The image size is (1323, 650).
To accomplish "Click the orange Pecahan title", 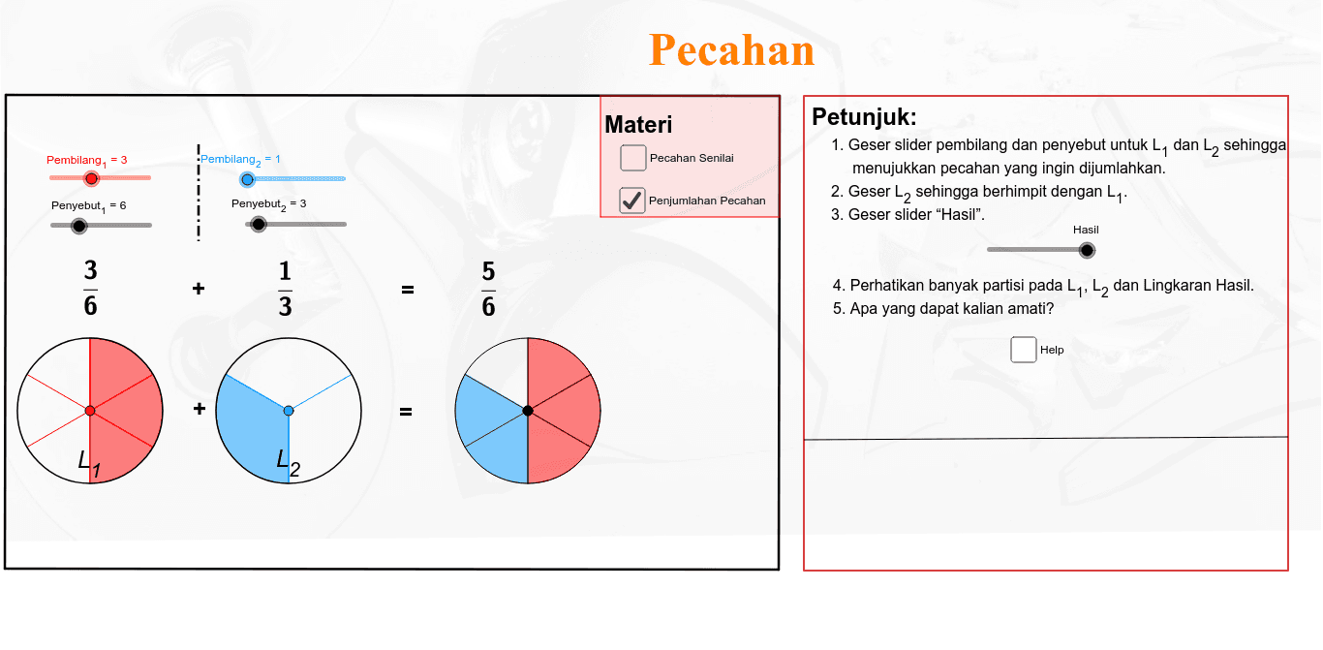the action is pyautogui.click(x=732, y=49).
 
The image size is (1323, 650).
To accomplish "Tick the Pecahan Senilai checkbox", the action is pyautogui.click(x=632, y=158).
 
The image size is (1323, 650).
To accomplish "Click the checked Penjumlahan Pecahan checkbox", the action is pyautogui.click(x=632, y=201).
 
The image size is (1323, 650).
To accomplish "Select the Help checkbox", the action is pyautogui.click(x=1024, y=350).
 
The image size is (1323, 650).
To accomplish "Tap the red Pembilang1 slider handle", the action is pyautogui.click(x=91, y=178).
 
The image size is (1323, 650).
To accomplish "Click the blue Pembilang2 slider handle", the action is pyautogui.click(x=248, y=179).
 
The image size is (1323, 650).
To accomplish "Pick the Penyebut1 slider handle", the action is pyautogui.click(x=78, y=226).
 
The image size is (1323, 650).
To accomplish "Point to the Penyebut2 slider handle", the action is pyautogui.click(x=258, y=225).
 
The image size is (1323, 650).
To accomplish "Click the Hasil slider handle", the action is pyautogui.click(x=1087, y=251).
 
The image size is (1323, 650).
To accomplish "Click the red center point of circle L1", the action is pyautogui.click(x=90, y=411).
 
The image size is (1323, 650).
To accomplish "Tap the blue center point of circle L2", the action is pyautogui.click(x=289, y=411).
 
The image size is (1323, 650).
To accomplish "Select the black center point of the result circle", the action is pyautogui.click(x=528, y=411).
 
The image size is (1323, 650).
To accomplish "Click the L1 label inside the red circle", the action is pyautogui.click(x=89, y=463).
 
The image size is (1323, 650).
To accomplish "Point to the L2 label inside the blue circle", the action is pyautogui.click(x=289, y=462).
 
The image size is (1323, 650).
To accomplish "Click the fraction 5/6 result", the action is pyautogui.click(x=488, y=289).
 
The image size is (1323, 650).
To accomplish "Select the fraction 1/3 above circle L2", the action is pyautogui.click(x=286, y=289).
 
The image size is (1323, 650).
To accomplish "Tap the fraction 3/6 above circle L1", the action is pyautogui.click(x=90, y=288).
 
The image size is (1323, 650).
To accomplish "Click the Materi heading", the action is pyautogui.click(x=638, y=125).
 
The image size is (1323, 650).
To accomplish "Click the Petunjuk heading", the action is pyautogui.click(x=864, y=117).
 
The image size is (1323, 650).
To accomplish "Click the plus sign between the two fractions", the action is pyautogui.click(x=199, y=289).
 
